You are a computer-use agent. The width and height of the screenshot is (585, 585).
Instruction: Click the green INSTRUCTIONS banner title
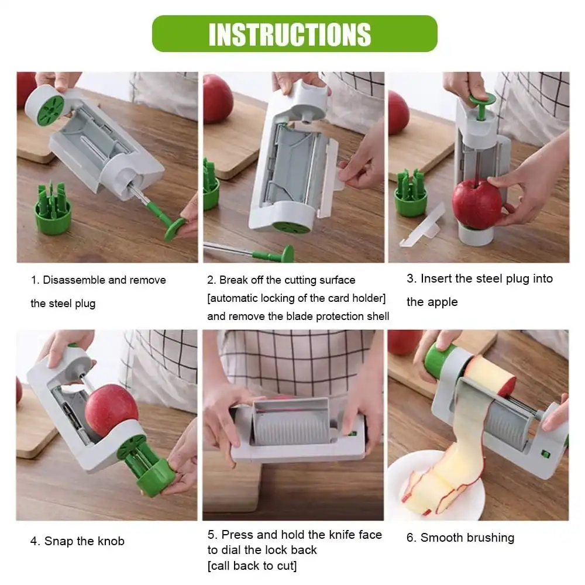[x=290, y=35]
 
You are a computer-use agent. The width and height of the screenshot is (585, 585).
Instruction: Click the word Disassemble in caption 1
[x=74, y=280]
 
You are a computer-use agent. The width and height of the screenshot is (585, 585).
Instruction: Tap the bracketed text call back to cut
[x=252, y=566]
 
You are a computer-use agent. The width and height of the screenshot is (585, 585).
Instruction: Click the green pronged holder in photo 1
[x=53, y=209]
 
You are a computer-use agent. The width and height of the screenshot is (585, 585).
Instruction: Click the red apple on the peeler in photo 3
[x=476, y=204]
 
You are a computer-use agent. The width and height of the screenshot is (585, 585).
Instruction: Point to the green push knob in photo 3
[x=481, y=105]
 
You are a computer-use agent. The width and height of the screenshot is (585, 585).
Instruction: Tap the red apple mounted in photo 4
[x=111, y=411]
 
